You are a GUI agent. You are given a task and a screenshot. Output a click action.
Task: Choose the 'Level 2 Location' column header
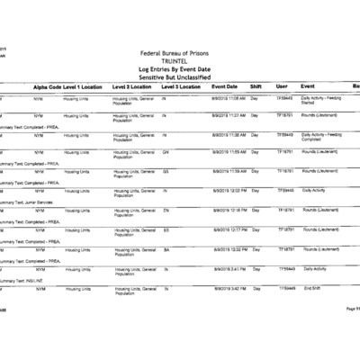coord(131,86)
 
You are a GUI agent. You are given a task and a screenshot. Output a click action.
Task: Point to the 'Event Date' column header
coord(224,86)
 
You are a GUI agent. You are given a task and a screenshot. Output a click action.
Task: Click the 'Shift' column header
coord(256,86)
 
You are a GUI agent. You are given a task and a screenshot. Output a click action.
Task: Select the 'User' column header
coord(282,86)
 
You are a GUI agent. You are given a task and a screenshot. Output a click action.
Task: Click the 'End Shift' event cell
coord(312,288)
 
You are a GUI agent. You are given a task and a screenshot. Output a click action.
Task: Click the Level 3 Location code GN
coord(166,152)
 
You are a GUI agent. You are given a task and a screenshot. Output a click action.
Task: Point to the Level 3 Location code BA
coord(166,249)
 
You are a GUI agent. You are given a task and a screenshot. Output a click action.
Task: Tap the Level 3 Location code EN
coord(166,210)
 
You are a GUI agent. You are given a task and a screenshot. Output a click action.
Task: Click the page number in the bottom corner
coord(352,309)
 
